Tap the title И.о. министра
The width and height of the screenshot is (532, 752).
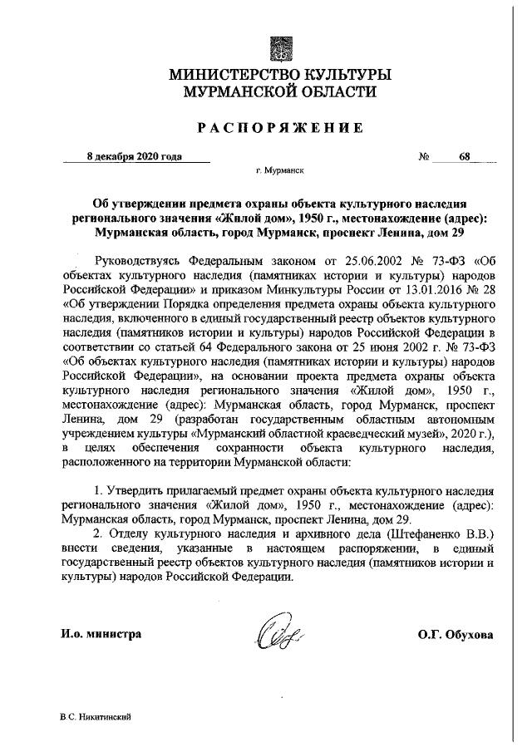(101, 634)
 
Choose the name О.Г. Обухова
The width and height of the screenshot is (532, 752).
(456, 634)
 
